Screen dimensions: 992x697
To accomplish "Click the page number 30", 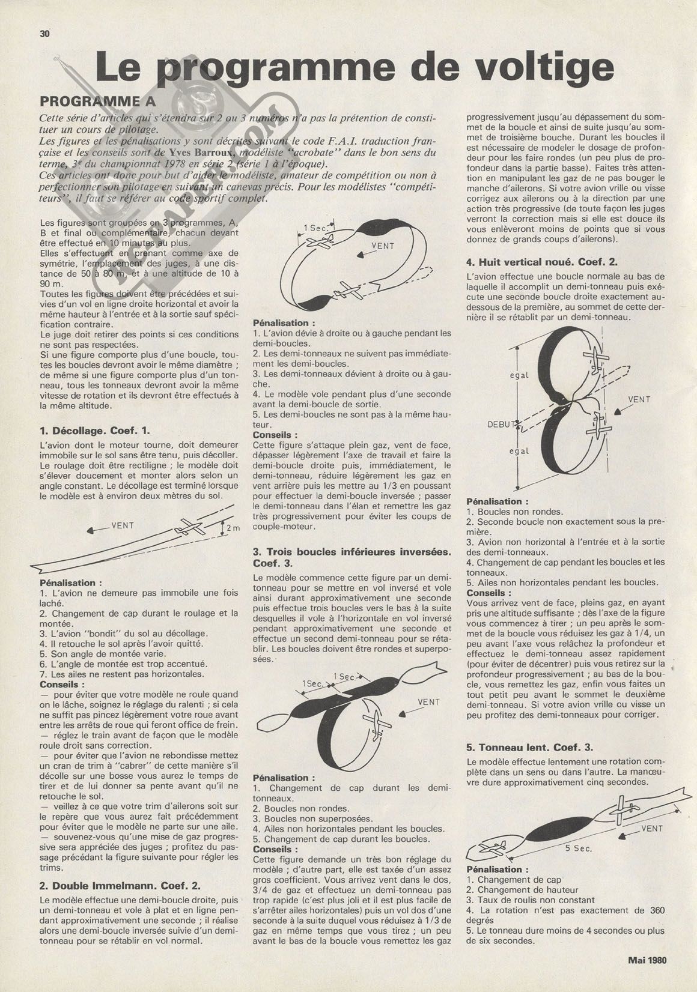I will [44, 34].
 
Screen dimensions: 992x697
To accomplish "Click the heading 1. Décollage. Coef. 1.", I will [95, 431].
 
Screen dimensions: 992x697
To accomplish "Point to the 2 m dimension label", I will [232, 528].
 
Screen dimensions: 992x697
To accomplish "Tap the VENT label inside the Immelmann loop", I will [383, 246].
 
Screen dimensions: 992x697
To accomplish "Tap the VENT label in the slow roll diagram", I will [651, 828].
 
